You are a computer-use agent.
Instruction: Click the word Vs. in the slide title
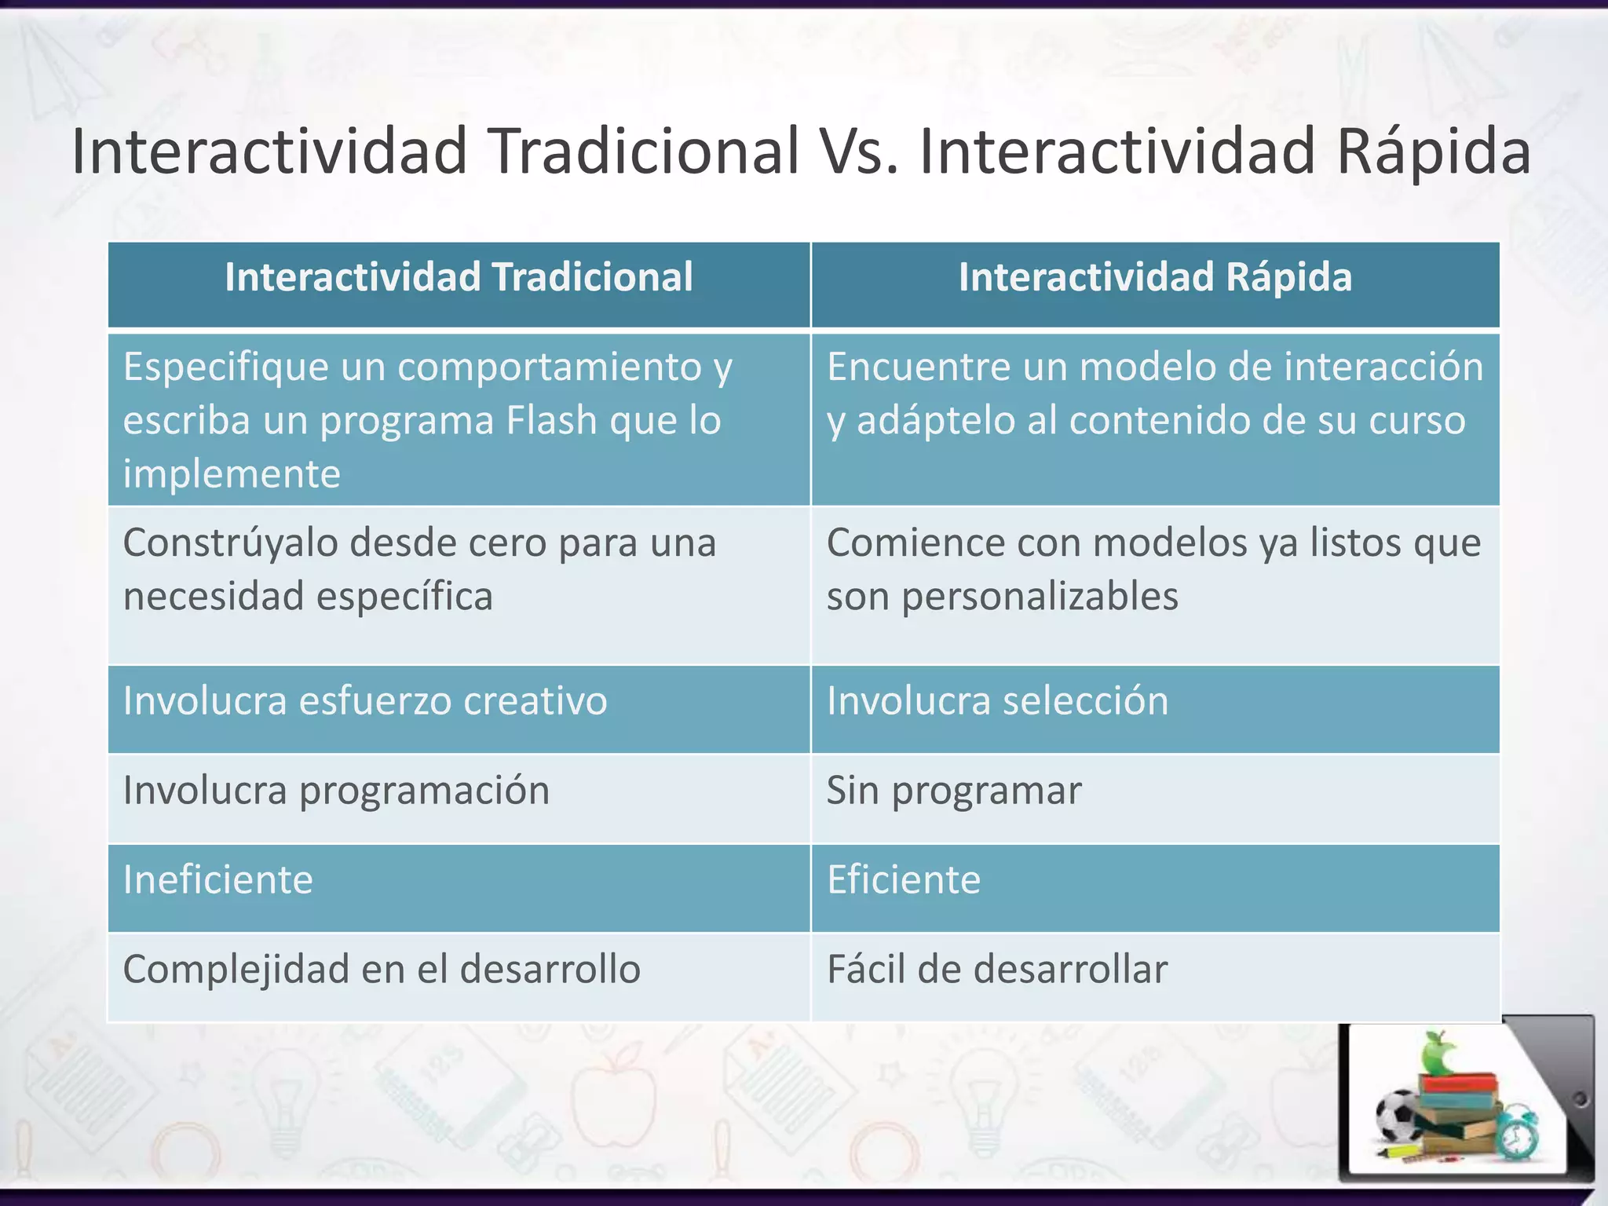[x=858, y=151]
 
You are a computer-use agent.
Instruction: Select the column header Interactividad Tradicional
[x=459, y=278]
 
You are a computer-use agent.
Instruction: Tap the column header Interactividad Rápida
[x=1155, y=278]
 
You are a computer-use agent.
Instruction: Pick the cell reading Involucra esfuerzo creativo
[x=365, y=701]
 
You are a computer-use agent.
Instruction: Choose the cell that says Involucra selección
[x=997, y=701]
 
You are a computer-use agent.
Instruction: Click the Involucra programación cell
[x=336, y=791]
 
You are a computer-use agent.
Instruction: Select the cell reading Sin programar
[x=953, y=791]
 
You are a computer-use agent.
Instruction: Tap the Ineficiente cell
[x=218, y=880]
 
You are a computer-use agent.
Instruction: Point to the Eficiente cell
[x=904, y=880]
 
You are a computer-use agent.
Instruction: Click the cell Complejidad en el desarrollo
[x=382, y=970]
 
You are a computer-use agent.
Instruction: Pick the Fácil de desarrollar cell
[x=997, y=970]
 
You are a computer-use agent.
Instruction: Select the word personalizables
[x=1040, y=597]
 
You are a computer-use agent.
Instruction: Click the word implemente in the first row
[x=232, y=474]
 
